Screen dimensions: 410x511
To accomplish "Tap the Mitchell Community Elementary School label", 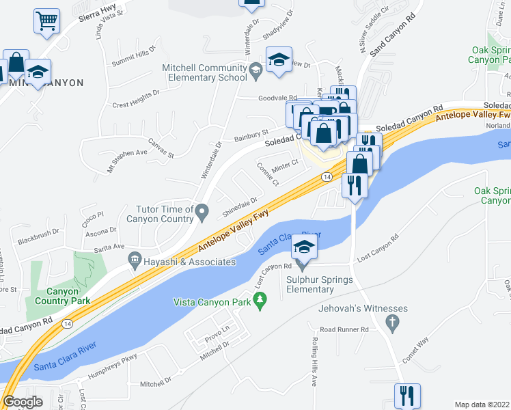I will point(204,72).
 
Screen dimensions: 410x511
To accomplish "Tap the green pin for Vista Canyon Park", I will point(260,299).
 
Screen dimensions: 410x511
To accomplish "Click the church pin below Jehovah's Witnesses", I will point(392,322).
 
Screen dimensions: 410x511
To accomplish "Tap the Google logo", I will point(23,402).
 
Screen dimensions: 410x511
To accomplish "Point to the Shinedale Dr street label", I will point(239,209).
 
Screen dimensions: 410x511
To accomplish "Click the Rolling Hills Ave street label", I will point(315,361).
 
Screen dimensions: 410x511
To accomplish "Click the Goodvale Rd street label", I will point(277,98).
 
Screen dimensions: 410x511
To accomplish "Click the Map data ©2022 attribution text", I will point(482,405).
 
